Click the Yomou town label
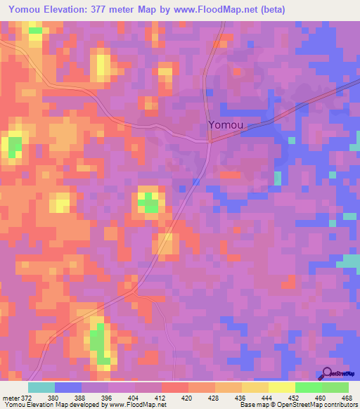226,125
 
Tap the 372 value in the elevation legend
25,398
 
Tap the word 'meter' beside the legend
10,398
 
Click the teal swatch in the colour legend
41,387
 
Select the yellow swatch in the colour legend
281,387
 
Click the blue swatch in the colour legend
68,387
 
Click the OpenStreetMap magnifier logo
326,374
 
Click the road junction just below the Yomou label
210,140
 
